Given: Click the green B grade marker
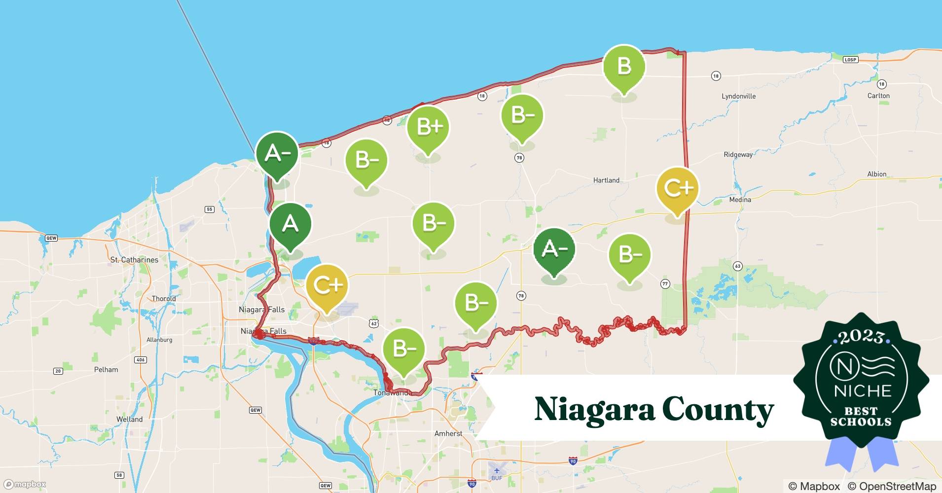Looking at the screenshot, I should click(x=624, y=67).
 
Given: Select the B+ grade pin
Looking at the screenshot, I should click(x=428, y=127).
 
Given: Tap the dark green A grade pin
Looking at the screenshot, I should click(x=290, y=224).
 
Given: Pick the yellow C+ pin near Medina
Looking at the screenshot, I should click(x=678, y=188).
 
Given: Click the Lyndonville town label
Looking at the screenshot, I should click(x=738, y=96).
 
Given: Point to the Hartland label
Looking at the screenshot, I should click(x=606, y=180).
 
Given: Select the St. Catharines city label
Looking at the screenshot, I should click(x=134, y=260).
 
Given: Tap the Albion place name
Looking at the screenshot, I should click(x=876, y=174).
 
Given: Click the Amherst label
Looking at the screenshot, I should click(x=448, y=434).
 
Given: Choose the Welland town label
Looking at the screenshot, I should click(x=129, y=420).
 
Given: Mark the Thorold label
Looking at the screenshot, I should click(x=164, y=299).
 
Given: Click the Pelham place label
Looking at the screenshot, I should click(x=106, y=370).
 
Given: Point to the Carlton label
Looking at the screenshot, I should click(x=878, y=96).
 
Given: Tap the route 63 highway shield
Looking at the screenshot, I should click(x=737, y=266).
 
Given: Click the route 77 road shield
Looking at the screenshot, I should click(x=665, y=284).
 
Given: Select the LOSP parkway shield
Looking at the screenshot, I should click(x=850, y=60).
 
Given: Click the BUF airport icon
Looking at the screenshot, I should click(x=497, y=470).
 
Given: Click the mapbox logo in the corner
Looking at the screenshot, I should click(x=25, y=484).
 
